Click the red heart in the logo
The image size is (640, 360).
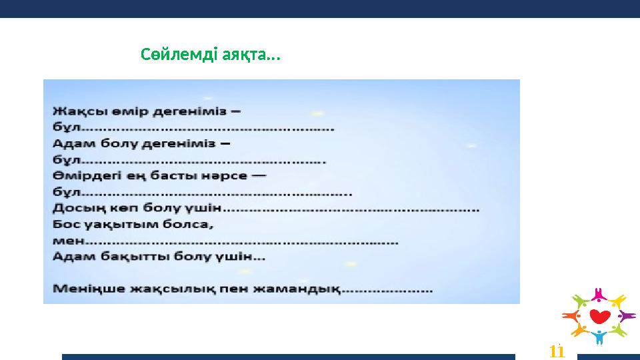coord(599,315)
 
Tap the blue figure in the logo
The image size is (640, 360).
coord(599,336)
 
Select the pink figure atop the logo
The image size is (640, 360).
coord(599,294)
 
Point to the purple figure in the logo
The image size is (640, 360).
coord(626,315)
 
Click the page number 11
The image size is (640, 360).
coord(557,351)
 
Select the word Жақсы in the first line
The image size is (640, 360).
coord(74,109)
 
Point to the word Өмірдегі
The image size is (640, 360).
coord(83,176)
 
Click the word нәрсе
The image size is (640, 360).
coord(227,176)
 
